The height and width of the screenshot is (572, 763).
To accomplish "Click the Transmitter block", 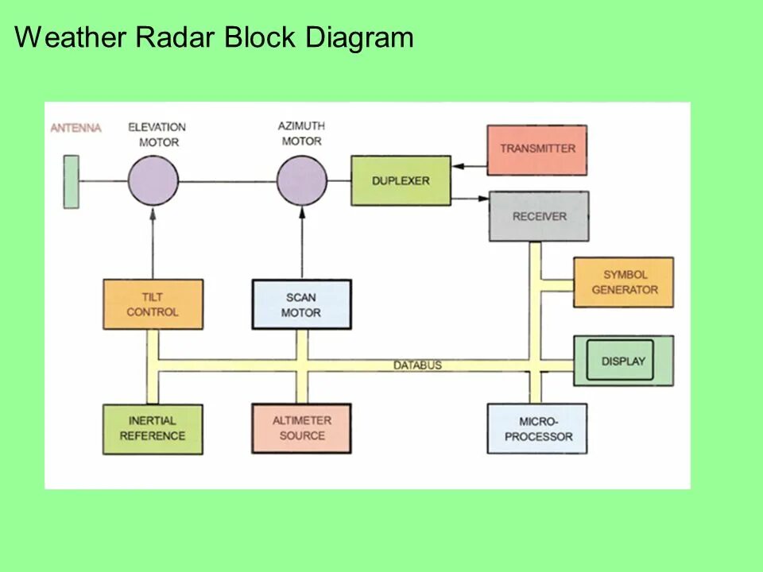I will tap(536, 149).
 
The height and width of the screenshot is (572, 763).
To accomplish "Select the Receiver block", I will tap(539, 216).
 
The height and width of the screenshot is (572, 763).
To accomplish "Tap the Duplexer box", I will tap(401, 181).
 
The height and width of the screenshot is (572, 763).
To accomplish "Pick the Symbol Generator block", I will tap(624, 283).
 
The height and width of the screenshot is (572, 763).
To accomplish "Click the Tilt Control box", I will tap(153, 304).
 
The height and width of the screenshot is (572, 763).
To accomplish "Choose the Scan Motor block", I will tap(301, 304).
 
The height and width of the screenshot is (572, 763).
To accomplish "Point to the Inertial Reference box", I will tap(153, 429).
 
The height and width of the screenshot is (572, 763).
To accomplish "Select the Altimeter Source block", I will tap(301, 428).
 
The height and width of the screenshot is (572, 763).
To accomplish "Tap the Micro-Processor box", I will tap(537, 429).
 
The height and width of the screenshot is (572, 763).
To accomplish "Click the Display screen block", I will tap(623, 361).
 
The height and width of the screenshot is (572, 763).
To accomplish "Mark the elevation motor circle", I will tap(153, 180).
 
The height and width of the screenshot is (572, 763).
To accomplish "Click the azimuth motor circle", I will tap(301, 180).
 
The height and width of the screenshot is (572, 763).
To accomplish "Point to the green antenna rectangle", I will tap(72, 182).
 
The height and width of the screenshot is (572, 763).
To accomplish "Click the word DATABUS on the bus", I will tap(417, 365).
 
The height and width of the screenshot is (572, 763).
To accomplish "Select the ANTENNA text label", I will tap(76, 128).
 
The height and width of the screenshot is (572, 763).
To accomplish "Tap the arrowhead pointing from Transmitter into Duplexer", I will tap(456, 167).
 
